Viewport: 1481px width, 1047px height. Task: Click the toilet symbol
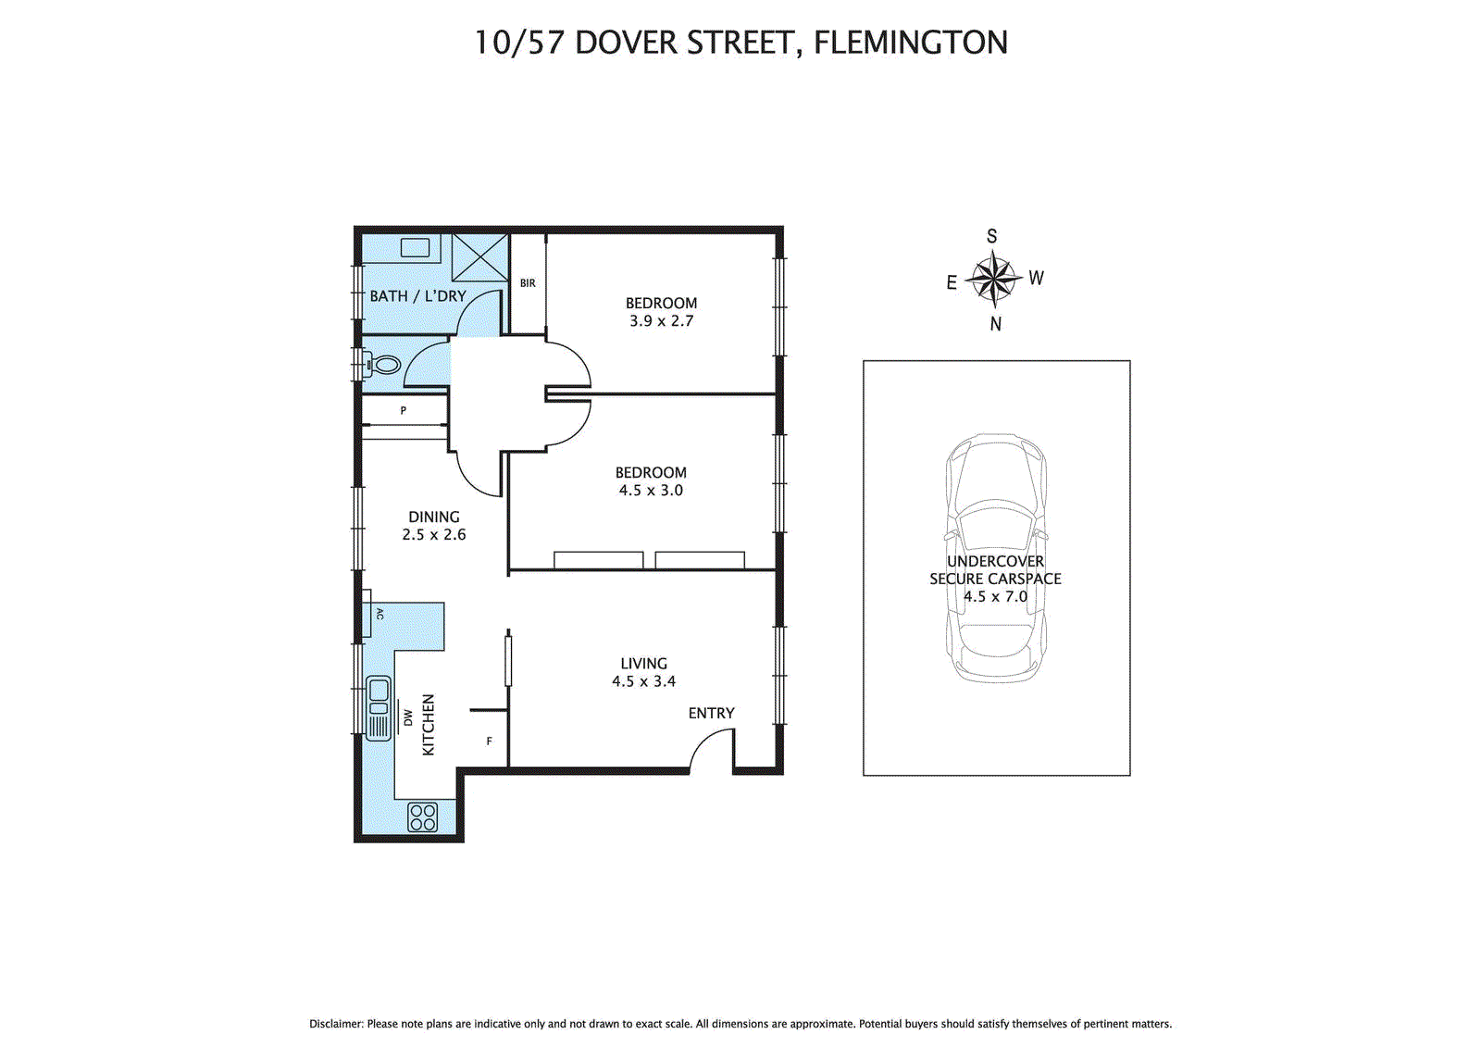pyautogui.click(x=383, y=364)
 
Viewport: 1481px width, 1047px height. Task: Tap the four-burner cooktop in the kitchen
pyautogui.click(x=422, y=816)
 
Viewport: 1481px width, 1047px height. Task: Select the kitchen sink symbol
pyautogui.click(x=379, y=708)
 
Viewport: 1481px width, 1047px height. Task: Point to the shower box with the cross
pyautogui.click(x=480, y=258)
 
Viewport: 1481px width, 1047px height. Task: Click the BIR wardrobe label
pyautogui.click(x=528, y=283)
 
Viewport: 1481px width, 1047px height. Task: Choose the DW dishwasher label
pyautogui.click(x=408, y=717)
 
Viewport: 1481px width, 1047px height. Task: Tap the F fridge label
pyautogui.click(x=490, y=741)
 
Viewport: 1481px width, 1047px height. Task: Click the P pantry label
pyautogui.click(x=404, y=411)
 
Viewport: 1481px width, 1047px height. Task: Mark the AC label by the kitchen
pyautogui.click(x=380, y=614)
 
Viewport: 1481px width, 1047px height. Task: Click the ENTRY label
pyautogui.click(x=712, y=713)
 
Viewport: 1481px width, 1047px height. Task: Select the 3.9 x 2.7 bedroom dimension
pyautogui.click(x=661, y=321)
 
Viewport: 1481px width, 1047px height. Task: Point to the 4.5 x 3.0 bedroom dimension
pyautogui.click(x=651, y=490)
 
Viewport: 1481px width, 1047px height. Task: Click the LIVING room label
pyautogui.click(x=644, y=664)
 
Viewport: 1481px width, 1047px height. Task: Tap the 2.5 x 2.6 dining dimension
pyautogui.click(x=434, y=534)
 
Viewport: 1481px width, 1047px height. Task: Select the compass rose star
pyautogui.click(x=994, y=280)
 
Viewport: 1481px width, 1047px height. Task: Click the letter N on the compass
pyautogui.click(x=996, y=323)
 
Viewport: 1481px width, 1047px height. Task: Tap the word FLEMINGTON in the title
pyautogui.click(x=911, y=43)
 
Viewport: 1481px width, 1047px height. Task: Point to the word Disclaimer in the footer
pyautogui.click(x=336, y=1024)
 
